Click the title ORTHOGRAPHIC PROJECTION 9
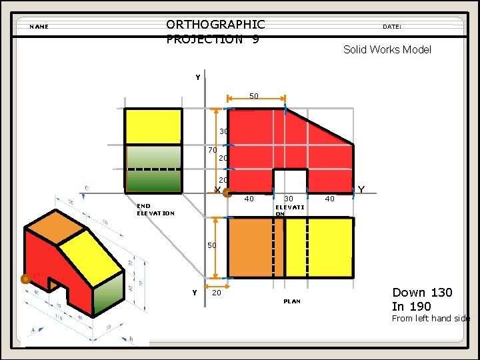pyautogui.click(x=215, y=31)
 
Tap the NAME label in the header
pyautogui.click(x=39, y=27)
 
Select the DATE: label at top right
pyautogui.click(x=392, y=27)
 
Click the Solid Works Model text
pyautogui.click(x=387, y=49)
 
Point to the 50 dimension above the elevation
pyautogui.click(x=254, y=97)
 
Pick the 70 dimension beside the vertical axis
pyautogui.click(x=212, y=151)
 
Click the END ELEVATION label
pyautogui.click(x=155, y=210)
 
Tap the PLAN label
pyautogui.click(x=292, y=301)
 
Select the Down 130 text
pyautogui.click(x=422, y=292)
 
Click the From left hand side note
pyautogui.click(x=431, y=319)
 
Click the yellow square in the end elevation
pyautogui.click(x=153, y=126)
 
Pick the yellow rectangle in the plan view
pyautogui.click(x=319, y=247)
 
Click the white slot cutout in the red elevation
pyautogui.click(x=290, y=180)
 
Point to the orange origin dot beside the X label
pyautogui.click(x=227, y=194)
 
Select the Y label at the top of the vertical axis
pyautogui.click(x=198, y=77)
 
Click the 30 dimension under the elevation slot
pyautogui.click(x=289, y=199)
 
